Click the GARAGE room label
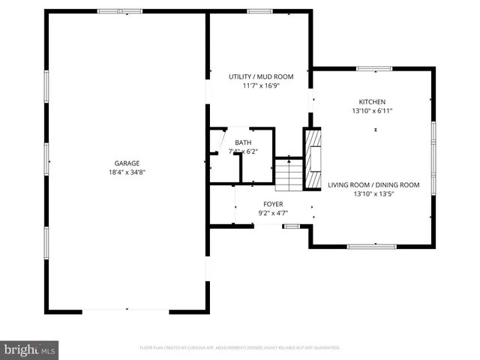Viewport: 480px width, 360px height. click(x=127, y=163)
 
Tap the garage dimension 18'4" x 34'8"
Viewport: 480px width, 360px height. click(x=127, y=172)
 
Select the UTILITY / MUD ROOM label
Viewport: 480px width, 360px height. click(x=261, y=76)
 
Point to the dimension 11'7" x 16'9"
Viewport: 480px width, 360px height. click(x=261, y=85)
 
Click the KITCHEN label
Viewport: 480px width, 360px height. click(x=372, y=101)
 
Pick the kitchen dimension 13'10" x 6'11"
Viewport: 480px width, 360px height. click(x=372, y=110)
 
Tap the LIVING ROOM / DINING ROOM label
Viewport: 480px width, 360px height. click(x=373, y=184)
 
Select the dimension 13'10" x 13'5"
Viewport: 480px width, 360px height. click(x=373, y=193)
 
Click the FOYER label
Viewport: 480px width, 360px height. click(x=272, y=204)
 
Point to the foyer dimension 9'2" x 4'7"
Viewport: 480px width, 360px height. click(x=272, y=213)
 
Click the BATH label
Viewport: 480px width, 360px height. click(x=243, y=142)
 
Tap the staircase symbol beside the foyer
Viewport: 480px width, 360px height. click(x=288, y=174)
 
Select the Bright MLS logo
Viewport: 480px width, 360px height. click(x=30, y=349)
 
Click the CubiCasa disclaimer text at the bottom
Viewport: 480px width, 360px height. click(x=240, y=348)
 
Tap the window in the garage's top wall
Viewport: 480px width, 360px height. click(x=120, y=11)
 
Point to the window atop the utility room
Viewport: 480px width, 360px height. click(x=259, y=11)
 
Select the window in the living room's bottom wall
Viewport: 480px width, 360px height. click(x=371, y=246)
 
